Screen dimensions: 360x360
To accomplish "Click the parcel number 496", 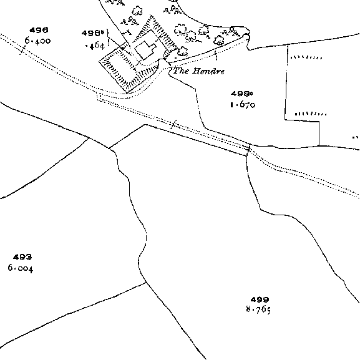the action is point(39,30).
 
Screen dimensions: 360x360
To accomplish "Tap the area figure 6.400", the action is point(37,41).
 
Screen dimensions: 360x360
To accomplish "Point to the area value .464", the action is point(95,46).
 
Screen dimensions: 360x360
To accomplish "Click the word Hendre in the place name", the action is point(208,71).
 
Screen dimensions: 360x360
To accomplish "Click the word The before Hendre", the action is point(181,71).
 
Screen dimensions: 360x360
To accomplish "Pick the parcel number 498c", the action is point(241,94).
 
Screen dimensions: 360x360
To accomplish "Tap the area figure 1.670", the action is point(243,105).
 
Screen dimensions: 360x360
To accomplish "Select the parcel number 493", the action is point(22,257).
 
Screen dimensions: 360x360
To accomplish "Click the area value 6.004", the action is point(21,268).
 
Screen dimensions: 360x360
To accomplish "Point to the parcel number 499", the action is point(260,299).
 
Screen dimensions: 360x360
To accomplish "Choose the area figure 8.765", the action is point(258,310).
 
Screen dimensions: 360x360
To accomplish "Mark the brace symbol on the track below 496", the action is point(22,50).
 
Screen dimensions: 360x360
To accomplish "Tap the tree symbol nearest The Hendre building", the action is point(183,51).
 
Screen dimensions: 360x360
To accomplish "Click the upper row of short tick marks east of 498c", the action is point(306,57).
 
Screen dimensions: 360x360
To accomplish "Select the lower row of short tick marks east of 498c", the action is point(311,114).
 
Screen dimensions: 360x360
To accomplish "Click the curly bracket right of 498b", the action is point(109,37).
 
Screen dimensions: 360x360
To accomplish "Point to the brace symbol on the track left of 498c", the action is point(174,124).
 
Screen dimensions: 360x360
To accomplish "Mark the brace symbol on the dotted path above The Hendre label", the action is point(216,56).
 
